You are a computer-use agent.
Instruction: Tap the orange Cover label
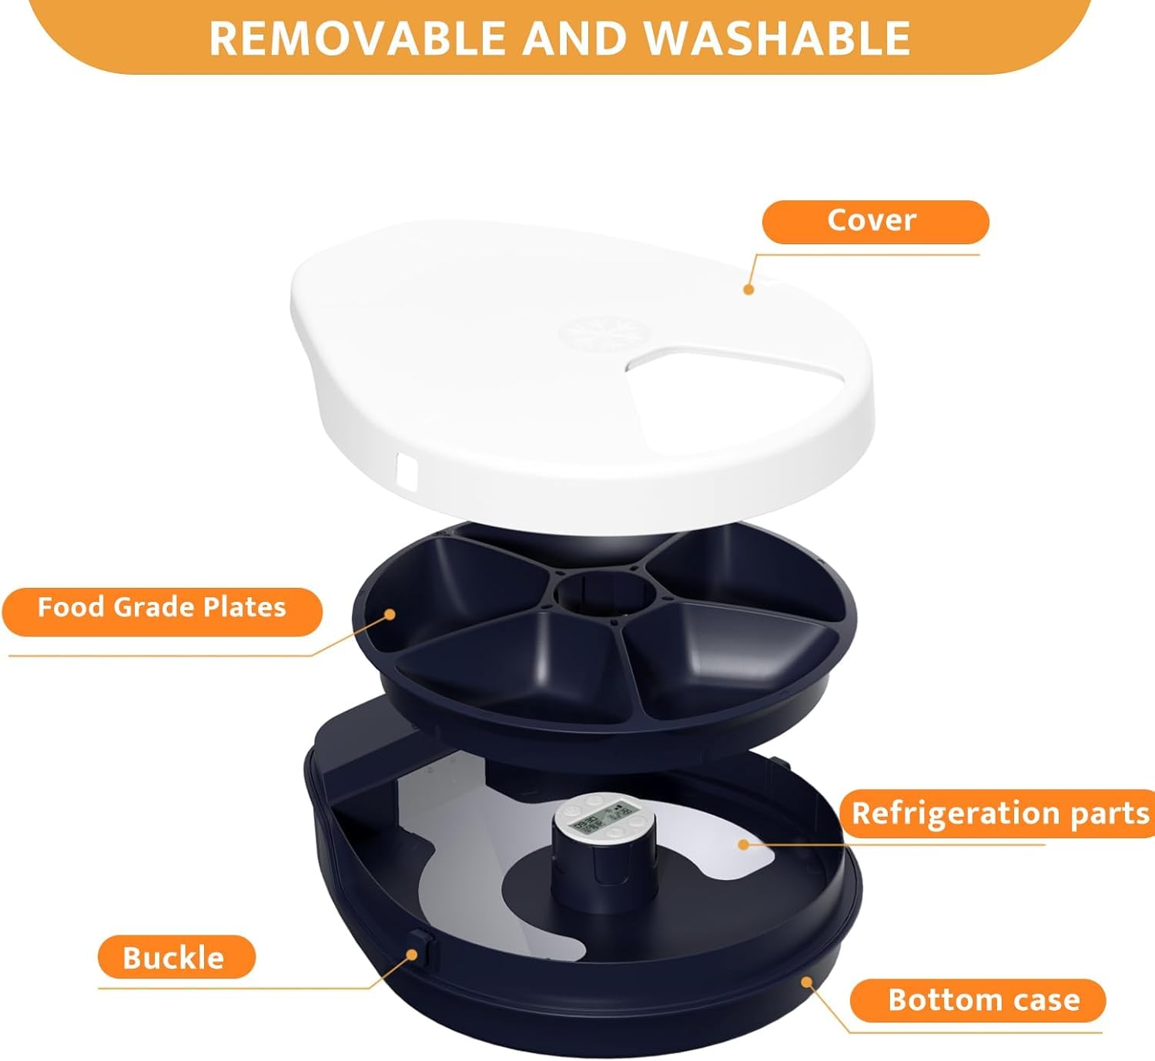[875, 222]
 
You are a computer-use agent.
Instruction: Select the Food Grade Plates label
[162, 609]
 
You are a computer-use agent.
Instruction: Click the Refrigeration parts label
[1000, 814]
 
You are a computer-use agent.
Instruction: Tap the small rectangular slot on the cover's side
[405, 469]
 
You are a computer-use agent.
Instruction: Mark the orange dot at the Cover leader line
[747, 289]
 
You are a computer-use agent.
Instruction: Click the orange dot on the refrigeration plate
[742, 844]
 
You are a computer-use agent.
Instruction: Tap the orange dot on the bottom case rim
[805, 982]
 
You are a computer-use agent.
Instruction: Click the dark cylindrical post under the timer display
[593, 871]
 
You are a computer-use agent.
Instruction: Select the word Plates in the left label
[245, 609]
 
